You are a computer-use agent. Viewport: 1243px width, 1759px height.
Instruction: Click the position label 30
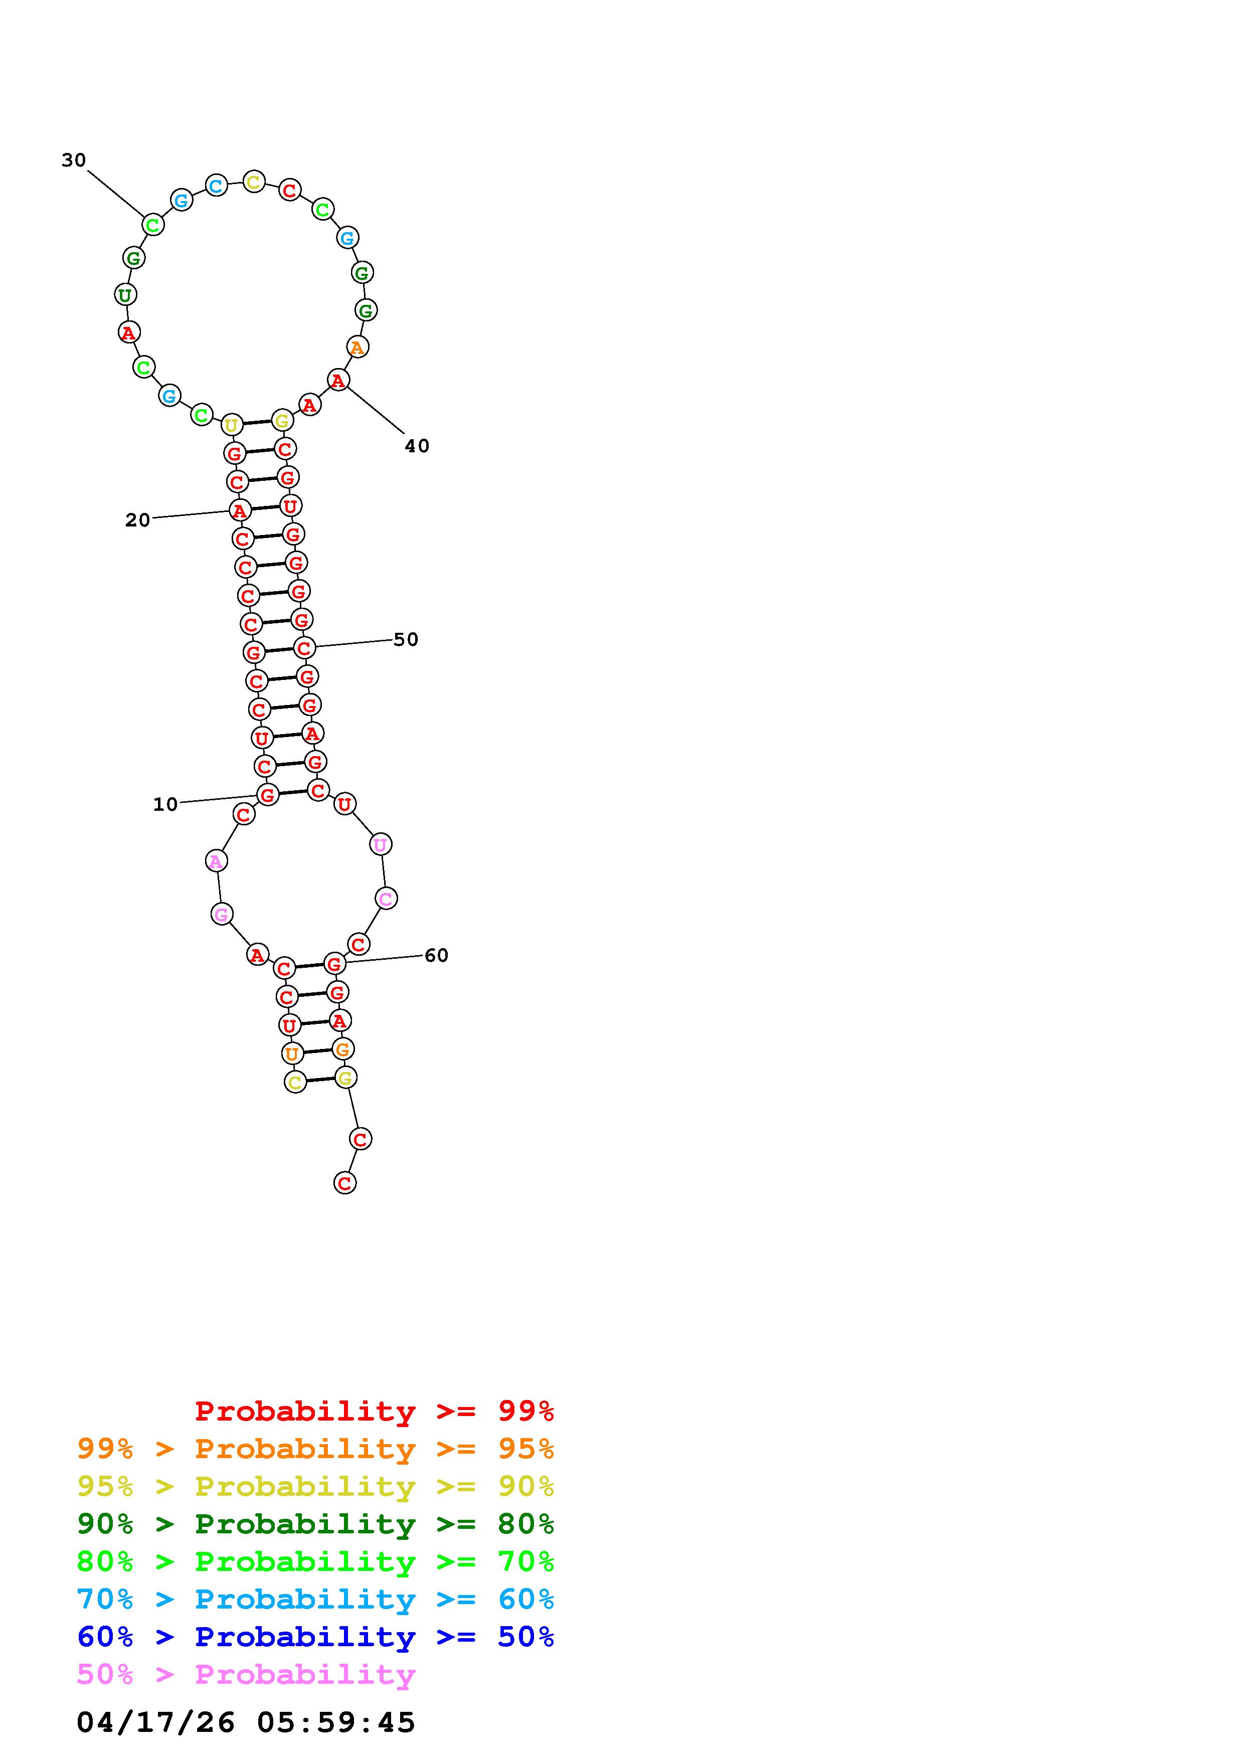tap(74, 160)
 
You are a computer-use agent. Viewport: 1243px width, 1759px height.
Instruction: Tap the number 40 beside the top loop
tap(417, 446)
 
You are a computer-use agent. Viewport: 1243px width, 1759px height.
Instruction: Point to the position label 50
tap(406, 640)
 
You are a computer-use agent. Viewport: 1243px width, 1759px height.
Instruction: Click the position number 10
tap(165, 804)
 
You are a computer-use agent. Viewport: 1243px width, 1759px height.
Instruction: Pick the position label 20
tap(138, 520)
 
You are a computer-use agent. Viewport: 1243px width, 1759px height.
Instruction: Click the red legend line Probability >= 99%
tap(375, 1411)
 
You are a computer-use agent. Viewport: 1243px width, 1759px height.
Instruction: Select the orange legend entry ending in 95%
tap(315, 1449)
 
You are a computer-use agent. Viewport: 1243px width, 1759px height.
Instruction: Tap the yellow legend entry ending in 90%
tap(315, 1486)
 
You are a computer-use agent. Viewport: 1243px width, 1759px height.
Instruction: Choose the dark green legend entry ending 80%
tap(315, 1524)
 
